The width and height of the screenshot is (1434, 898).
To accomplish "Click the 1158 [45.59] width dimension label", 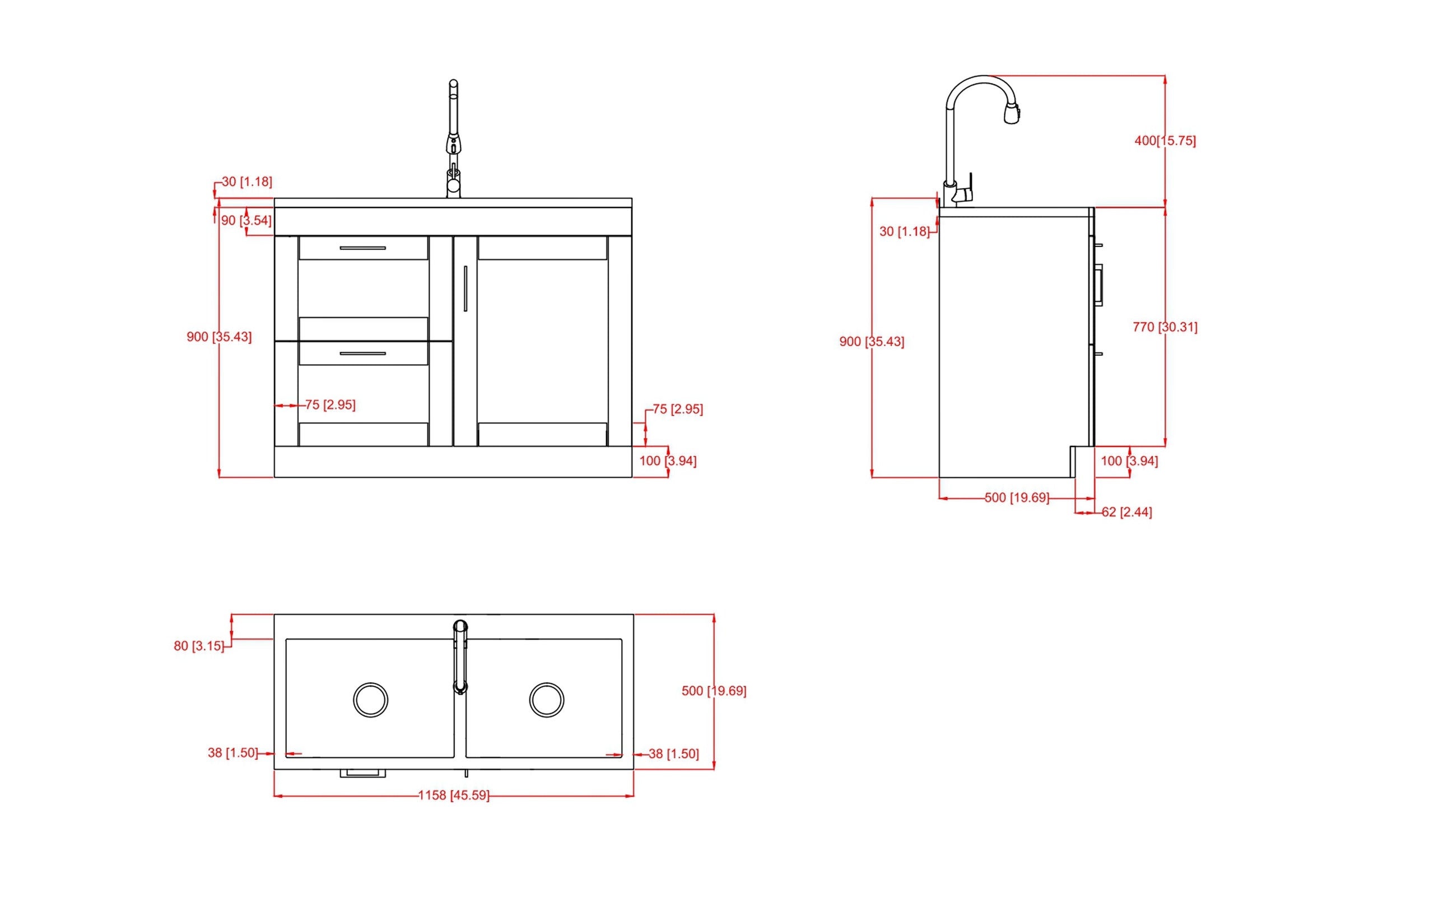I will coord(454,795).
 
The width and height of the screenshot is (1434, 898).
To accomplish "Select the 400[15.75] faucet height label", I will coord(1165,141).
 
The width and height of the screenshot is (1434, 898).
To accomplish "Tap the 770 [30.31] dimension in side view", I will coord(1165,327).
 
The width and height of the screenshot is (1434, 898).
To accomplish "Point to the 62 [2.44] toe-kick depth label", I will coord(1126,512).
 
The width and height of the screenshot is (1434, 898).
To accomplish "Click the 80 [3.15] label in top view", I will coord(199,645).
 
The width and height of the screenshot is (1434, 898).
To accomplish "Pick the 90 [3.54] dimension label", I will coord(246,220).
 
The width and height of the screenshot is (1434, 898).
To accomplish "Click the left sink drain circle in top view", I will coord(370,700).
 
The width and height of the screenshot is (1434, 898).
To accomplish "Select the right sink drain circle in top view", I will coord(546,700).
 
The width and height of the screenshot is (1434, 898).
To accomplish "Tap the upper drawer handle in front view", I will coord(363,248).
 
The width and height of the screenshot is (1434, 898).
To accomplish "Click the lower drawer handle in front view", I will coord(363,353).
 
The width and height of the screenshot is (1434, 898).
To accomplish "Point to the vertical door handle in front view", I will coord(465,288).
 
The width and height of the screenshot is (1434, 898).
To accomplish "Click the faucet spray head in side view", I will coord(1012,113).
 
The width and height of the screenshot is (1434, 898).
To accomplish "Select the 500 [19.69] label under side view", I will coord(1017,497).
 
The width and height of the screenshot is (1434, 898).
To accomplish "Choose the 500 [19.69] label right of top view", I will coord(714,691).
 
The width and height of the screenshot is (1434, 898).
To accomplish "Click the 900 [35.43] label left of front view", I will coord(219,337).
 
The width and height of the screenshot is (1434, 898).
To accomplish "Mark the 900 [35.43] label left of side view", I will coord(872,342).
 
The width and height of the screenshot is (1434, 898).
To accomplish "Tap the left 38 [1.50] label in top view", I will coord(233,752).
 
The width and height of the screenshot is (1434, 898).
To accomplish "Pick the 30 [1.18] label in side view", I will coord(904,231).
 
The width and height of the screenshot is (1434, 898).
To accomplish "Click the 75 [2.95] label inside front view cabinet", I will coord(330,404).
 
